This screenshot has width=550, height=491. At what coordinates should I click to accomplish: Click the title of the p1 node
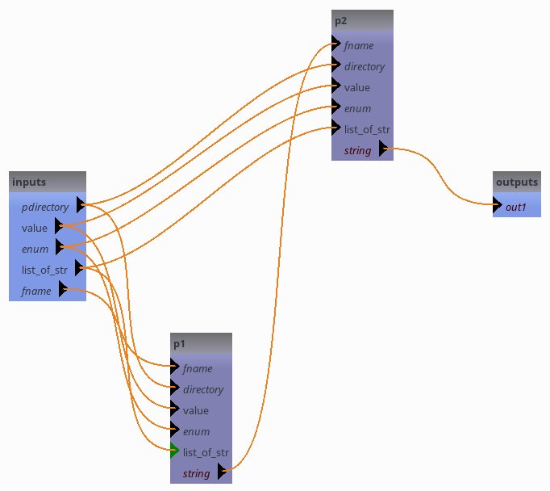pos(180,343)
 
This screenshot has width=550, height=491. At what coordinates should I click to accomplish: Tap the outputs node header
pos(516,183)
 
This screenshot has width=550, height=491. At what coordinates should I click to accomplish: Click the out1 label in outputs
pos(516,207)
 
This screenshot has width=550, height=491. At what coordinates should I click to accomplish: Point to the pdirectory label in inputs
pos(45,207)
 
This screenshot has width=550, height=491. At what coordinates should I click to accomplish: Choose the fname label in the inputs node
pos(36,291)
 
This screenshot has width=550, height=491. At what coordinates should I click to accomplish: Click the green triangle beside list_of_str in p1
pos(175,452)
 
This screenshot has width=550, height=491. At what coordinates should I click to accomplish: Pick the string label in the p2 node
pos(357,150)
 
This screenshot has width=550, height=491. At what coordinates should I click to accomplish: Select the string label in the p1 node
pos(197,473)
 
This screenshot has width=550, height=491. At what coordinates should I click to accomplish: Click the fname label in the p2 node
pos(359,45)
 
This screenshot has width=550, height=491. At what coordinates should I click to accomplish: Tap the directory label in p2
pos(365,66)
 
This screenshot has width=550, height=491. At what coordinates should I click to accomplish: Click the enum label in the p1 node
pos(196,431)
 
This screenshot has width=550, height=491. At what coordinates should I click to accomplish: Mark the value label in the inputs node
pos(35,228)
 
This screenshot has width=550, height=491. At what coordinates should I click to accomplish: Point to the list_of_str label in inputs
pos(44,270)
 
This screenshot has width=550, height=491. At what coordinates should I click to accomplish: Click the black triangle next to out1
pos(498,207)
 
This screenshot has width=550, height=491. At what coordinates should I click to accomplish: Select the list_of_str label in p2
pos(367,129)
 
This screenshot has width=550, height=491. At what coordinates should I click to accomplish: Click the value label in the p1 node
pos(196,410)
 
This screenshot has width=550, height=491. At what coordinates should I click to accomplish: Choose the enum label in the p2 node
pos(357,108)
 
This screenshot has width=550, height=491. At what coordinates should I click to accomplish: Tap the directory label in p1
pos(203,389)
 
